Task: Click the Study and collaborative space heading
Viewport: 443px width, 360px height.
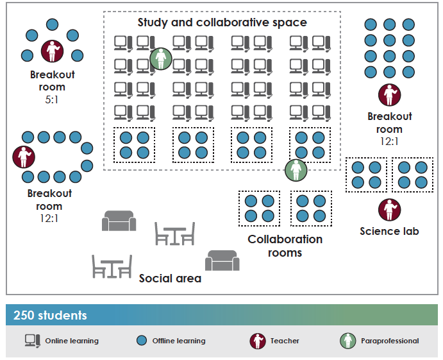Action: point(222,22)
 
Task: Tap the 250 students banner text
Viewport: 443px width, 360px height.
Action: point(50,315)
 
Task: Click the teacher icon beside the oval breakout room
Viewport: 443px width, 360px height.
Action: point(24,156)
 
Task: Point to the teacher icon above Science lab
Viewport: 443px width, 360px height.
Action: point(389,210)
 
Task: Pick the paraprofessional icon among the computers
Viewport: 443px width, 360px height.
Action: point(161,59)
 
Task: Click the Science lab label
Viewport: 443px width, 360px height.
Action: point(389,231)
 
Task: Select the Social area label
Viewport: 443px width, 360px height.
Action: point(170,279)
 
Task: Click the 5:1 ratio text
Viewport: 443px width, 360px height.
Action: point(52,100)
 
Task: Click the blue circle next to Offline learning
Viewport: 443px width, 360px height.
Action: point(142,341)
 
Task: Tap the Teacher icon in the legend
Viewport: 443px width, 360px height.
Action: point(258,341)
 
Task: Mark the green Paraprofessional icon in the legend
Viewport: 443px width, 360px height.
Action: point(347,341)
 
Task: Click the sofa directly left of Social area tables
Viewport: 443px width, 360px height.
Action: point(119,221)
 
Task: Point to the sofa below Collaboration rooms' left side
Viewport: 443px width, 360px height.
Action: point(222,260)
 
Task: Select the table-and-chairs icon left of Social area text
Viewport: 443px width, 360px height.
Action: point(112,266)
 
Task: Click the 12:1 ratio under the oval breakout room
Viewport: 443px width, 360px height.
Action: point(49,219)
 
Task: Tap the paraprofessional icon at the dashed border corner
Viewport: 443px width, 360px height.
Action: point(296,169)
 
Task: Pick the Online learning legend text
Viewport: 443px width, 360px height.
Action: point(72,341)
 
